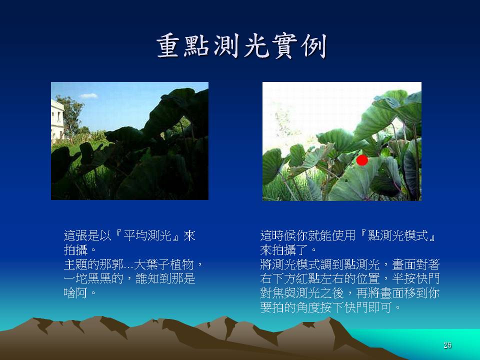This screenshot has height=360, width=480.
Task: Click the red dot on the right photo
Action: tap(362, 160)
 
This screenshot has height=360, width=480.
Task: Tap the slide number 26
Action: tap(447, 345)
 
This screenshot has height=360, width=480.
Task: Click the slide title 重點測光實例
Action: tap(241, 46)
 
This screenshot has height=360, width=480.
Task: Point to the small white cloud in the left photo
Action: tap(88, 96)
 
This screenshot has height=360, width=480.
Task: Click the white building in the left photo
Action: tap(57, 119)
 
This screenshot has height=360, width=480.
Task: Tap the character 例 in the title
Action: tap(314, 46)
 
